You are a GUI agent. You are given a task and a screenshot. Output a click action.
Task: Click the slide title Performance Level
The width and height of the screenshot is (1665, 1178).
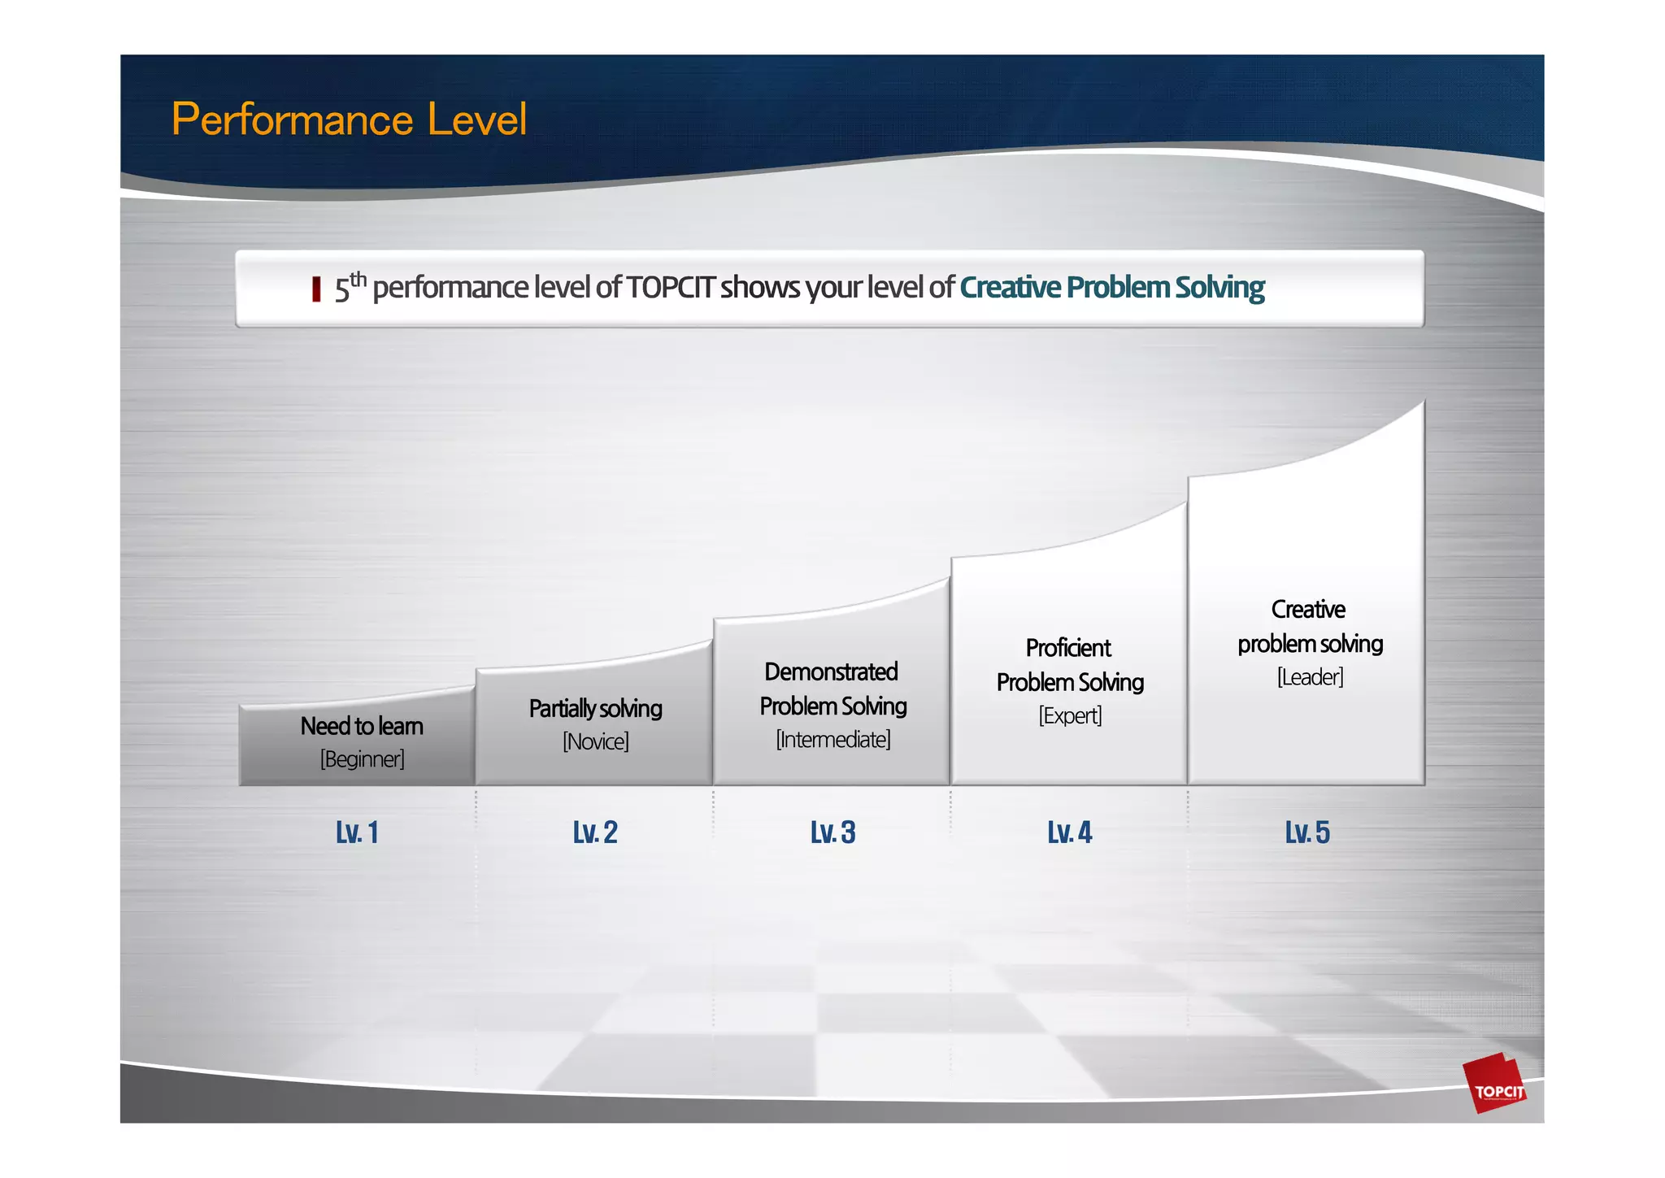coord(349,120)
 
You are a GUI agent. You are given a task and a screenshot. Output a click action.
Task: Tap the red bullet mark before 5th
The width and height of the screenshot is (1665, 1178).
coord(316,289)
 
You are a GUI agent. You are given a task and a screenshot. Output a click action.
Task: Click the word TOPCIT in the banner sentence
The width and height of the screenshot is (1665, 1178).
coord(671,287)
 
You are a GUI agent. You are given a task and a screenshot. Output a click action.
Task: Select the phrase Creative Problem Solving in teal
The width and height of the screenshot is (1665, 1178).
coord(1111,287)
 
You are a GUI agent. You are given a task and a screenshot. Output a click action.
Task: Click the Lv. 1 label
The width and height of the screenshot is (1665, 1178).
coord(357,832)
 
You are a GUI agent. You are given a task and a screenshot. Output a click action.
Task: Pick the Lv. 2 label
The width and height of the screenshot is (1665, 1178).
coord(595,832)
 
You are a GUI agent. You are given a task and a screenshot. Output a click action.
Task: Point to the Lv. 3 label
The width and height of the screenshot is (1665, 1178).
coord(832,832)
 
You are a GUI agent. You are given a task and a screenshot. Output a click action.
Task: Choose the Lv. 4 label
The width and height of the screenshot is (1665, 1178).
coord(1069,832)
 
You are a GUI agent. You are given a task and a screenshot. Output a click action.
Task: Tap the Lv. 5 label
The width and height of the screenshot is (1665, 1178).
coord(1307,832)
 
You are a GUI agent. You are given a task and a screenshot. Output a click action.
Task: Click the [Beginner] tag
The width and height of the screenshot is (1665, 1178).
coord(362,759)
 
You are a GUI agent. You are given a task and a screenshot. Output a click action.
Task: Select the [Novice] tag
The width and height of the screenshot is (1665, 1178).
coord(596,741)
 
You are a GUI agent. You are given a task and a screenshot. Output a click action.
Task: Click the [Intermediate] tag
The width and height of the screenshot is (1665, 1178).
coord(832,740)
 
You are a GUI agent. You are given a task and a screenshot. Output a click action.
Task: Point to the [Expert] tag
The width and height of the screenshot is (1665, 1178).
coord(1070,715)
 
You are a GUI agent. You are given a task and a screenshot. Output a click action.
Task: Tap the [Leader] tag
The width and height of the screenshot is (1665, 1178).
coord(1310,677)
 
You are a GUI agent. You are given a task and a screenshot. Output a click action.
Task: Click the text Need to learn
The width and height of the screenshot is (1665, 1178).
coord(362,726)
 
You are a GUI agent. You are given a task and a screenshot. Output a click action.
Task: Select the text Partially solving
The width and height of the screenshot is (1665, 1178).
coord(595,708)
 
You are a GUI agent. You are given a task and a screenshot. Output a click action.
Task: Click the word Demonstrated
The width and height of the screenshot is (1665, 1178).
coord(831,672)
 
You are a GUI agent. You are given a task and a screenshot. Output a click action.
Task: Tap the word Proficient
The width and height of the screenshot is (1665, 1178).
coord(1068,648)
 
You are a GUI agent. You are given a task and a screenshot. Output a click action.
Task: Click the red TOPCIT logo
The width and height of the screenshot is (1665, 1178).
coord(1494,1085)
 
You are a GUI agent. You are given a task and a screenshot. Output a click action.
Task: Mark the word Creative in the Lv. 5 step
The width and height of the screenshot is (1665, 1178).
coord(1308,609)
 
